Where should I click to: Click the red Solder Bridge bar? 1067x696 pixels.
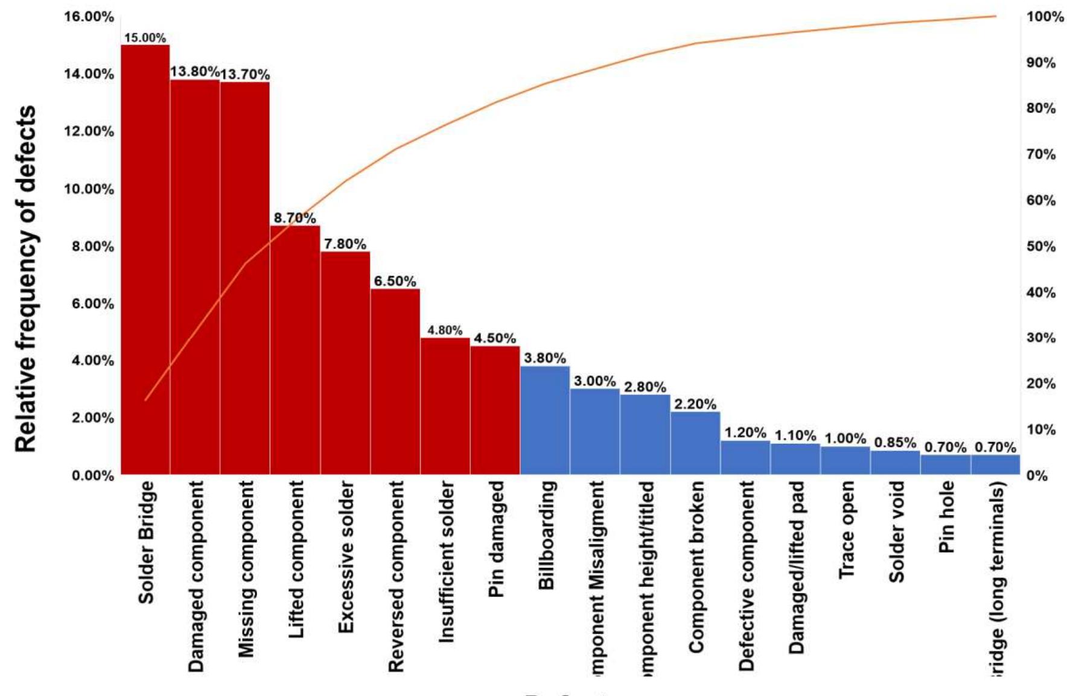145,259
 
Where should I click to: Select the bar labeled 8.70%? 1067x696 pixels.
295,350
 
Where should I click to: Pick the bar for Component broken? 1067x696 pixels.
695,443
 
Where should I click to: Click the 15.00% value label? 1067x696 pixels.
145,38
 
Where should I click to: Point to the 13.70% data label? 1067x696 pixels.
244,75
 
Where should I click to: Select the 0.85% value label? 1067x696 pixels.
895,443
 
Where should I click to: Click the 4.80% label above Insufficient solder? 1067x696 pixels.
445,331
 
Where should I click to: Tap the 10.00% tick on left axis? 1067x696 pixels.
89,189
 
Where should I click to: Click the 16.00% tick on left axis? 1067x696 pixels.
89,17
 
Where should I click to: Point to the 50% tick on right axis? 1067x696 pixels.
1041,247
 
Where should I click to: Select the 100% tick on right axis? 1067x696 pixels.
1045,17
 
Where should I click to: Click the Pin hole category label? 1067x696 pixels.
946,517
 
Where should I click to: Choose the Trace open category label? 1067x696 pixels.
846,530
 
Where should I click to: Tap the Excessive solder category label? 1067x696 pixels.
345,557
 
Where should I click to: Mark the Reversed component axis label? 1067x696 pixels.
395,576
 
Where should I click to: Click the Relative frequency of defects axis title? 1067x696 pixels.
25,279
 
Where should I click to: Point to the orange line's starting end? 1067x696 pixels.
145,400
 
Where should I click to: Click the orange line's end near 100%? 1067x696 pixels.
995,16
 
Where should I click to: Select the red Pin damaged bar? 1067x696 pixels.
495,410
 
